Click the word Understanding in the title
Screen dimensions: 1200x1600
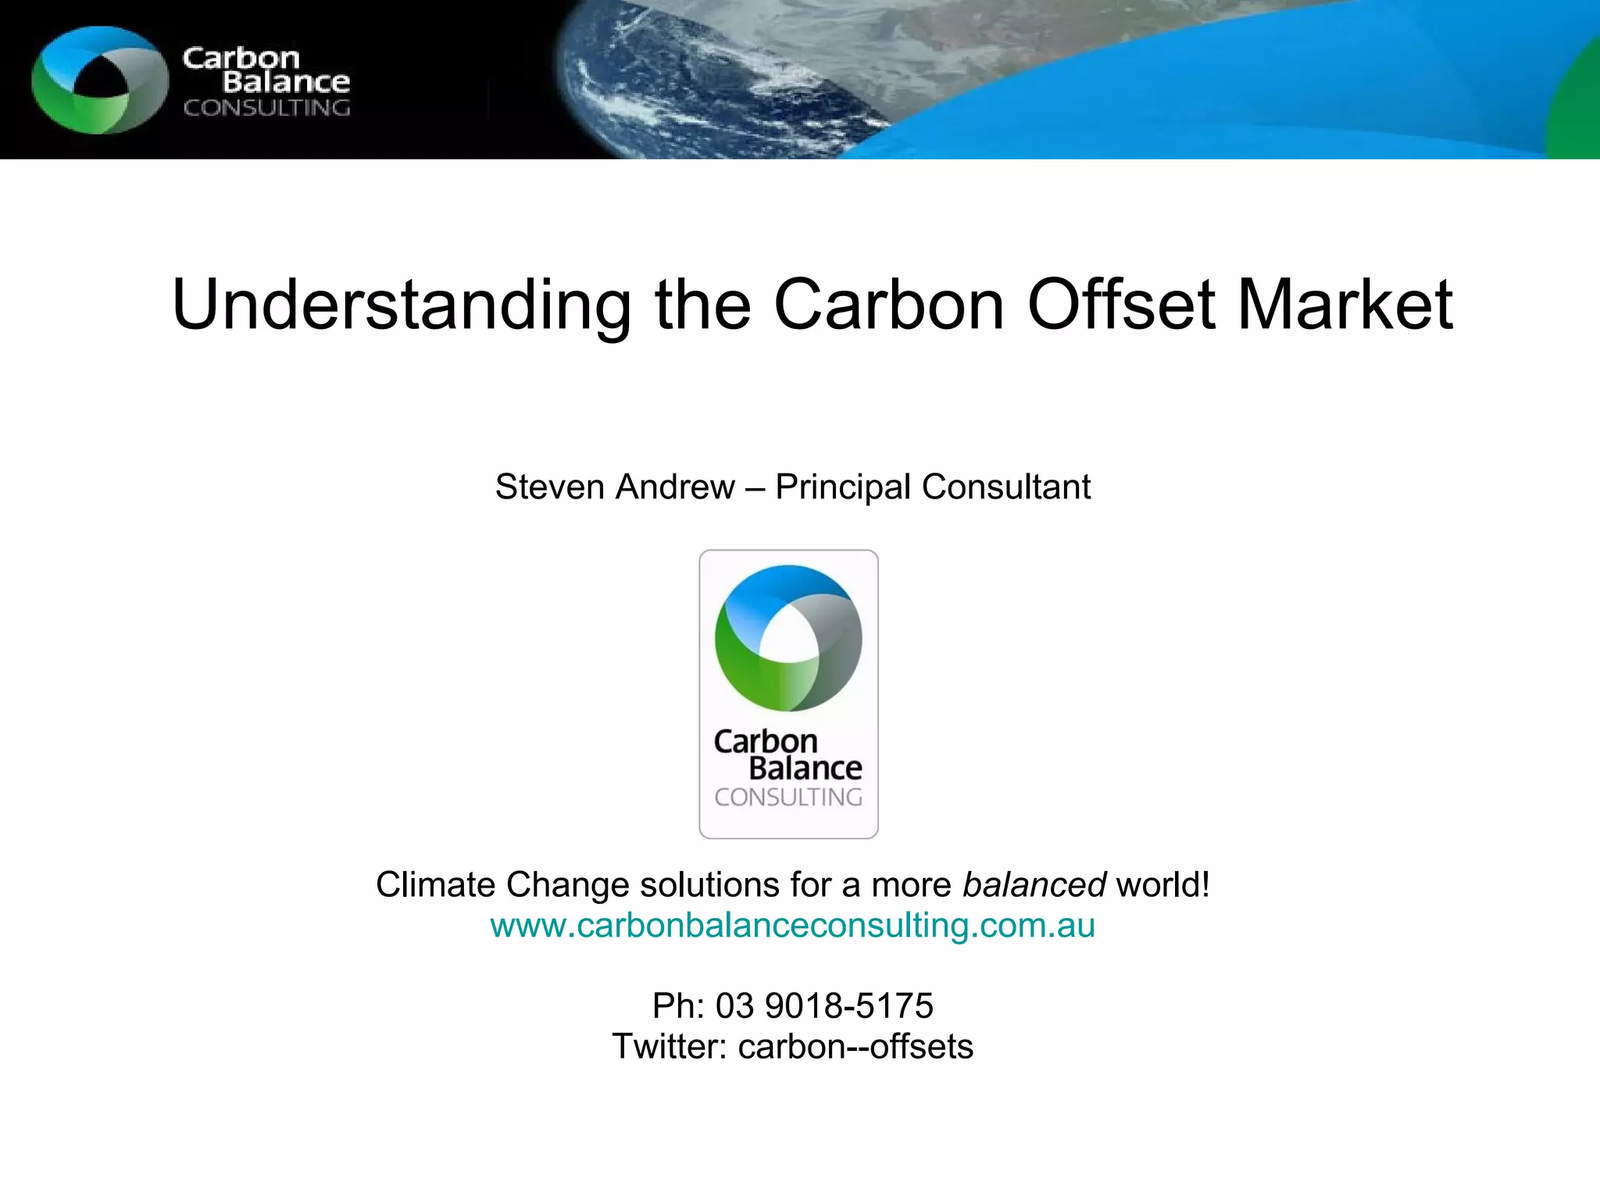401,305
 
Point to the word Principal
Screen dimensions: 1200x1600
842,487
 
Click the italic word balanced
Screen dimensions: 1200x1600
1034,885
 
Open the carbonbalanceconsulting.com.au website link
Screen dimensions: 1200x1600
792,926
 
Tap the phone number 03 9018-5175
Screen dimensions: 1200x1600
824,1006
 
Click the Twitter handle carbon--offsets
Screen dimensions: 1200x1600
855,1047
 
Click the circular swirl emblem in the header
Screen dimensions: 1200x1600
99,80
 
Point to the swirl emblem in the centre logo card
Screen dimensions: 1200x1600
788,638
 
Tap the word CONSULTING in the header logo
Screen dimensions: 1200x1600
266,108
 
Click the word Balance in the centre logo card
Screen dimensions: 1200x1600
805,769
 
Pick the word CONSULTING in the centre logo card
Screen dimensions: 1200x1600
788,798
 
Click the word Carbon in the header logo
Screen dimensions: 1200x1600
241,58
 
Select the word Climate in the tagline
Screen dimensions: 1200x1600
436,885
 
